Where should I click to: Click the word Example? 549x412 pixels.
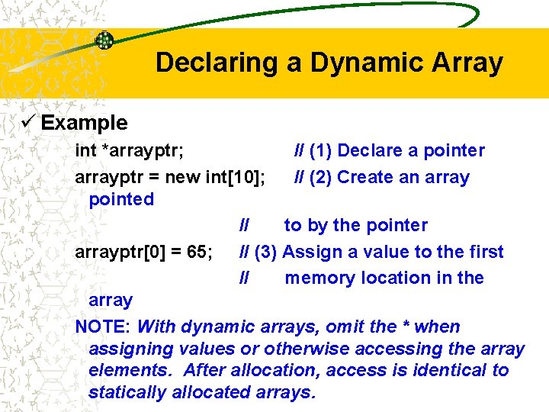click(x=84, y=122)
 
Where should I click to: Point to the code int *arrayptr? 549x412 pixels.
click(x=129, y=151)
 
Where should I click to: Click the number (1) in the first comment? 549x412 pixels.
click(x=320, y=150)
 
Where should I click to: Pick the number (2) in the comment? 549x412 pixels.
click(x=320, y=177)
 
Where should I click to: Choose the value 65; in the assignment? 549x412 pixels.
click(x=197, y=252)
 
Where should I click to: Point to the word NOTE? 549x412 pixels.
click(x=104, y=327)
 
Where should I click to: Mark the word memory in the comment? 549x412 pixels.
click(x=319, y=278)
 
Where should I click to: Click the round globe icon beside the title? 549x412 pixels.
click(x=104, y=40)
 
